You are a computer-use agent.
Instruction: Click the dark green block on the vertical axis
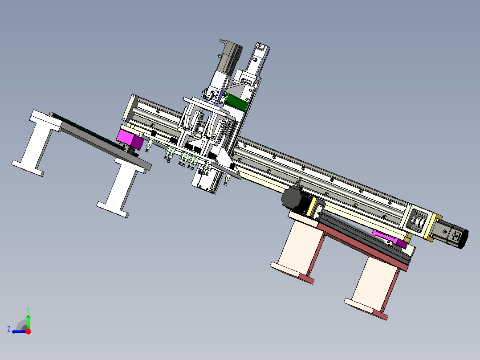[x=236, y=102]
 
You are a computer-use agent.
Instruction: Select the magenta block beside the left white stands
[x=130, y=139]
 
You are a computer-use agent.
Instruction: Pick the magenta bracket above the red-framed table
[x=389, y=238]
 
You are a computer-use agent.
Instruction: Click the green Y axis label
[x=28, y=310]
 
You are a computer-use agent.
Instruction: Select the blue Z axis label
[x=9, y=329]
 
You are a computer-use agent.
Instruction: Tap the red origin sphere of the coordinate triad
[x=28, y=331]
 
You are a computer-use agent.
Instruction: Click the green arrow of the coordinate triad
[x=28, y=321]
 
